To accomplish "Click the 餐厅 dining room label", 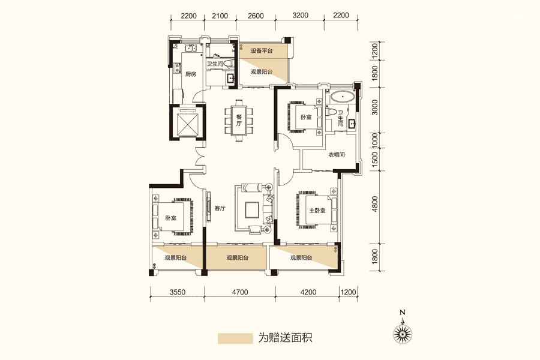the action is tap(239, 120).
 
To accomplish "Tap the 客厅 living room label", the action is tap(220, 208).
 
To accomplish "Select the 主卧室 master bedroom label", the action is tap(317, 210).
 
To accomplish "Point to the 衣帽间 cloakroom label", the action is tap(336, 155).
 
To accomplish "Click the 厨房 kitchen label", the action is tap(190, 74).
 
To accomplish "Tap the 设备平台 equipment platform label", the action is tap(262, 50).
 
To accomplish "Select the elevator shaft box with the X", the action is tap(187, 122).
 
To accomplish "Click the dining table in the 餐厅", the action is tap(239, 120).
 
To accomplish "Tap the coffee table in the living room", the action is tap(252, 209).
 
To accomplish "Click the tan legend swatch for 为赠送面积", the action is tap(235, 338).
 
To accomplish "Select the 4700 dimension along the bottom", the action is tap(239, 292).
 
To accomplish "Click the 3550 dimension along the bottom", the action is tap(178, 292).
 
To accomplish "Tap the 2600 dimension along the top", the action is tap(256, 16).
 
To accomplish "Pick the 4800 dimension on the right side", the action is tap(375, 203).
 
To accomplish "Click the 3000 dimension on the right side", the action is tap(375, 107).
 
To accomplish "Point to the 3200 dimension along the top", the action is tap(300, 16).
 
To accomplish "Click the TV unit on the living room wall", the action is tap(208, 208).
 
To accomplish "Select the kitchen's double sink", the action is tap(189, 49).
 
